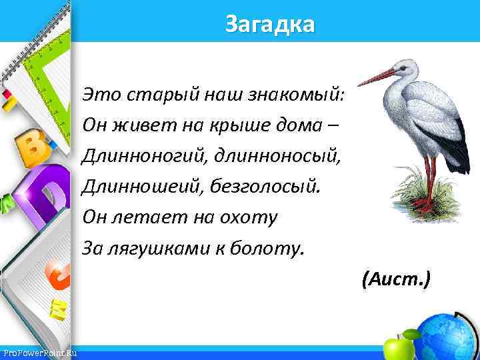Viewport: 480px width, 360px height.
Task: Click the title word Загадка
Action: [x=269, y=25]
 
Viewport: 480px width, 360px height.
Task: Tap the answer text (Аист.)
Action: [x=396, y=278]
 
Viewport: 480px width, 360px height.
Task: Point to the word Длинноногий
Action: [x=142, y=157]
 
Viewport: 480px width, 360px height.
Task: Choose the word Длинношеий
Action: [x=137, y=187]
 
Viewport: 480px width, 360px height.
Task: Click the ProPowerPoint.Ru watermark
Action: [x=39, y=353]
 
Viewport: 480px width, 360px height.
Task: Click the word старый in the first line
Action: [x=147, y=95]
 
